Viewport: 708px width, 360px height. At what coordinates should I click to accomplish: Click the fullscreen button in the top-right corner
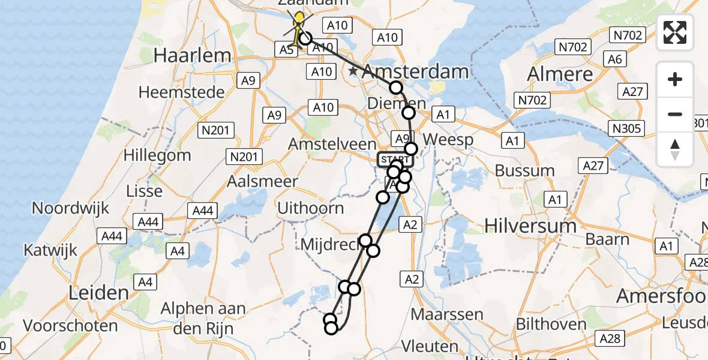click(675, 32)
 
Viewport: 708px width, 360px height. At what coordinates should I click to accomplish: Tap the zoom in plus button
click(675, 79)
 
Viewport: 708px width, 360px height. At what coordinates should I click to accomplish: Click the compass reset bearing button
click(675, 149)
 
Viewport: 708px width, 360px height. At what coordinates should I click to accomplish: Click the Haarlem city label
click(192, 56)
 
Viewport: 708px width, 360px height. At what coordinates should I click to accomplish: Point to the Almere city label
click(559, 74)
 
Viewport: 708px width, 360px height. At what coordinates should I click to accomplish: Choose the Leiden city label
click(99, 293)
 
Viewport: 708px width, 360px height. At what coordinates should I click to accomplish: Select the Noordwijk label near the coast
click(70, 208)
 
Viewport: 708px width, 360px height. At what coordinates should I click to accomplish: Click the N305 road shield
click(628, 128)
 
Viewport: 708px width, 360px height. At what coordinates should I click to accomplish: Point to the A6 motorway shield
click(615, 59)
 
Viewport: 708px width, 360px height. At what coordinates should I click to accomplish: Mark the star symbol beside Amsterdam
click(353, 72)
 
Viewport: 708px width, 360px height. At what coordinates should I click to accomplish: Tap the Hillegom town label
click(157, 155)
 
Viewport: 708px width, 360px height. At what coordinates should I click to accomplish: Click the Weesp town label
click(448, 140)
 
